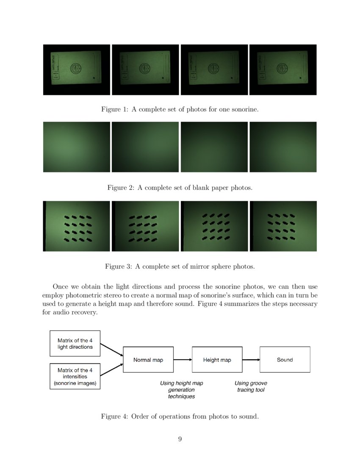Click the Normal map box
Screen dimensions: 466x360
(148, 360)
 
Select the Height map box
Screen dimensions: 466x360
(217, 360)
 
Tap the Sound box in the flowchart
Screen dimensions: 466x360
(285, 360)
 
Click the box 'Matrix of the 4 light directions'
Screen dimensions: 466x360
(75, 343)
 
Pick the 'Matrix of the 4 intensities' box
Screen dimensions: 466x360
(75, 377)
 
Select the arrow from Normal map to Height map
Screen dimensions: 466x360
(183, 360)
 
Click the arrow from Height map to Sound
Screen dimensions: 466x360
(251, 360)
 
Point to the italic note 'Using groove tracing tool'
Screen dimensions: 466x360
(251, 386)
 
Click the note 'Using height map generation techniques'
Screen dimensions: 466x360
(181, 390)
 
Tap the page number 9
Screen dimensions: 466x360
(180, 439)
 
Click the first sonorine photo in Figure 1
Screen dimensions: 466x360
(76, 69)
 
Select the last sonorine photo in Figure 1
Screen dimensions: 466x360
(283, 69)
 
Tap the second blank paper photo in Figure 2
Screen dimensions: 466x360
(145, 147)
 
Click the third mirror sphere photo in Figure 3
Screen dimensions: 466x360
(214, 226)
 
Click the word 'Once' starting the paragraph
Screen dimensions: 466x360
(61, 286)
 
